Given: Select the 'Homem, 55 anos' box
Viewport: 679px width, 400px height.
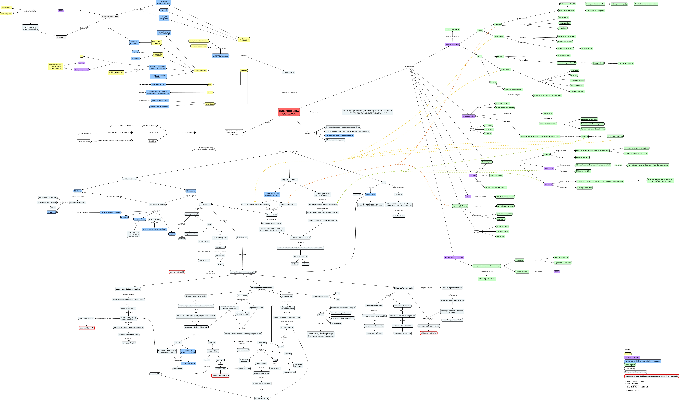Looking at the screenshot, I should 289,73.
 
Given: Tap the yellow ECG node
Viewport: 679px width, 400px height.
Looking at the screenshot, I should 210,85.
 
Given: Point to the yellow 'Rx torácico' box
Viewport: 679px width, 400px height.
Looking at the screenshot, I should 210,104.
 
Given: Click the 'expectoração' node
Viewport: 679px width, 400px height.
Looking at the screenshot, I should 7,8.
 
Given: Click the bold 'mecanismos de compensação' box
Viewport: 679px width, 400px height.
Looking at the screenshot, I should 243,272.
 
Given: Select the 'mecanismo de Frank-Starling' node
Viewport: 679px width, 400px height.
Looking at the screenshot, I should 128,289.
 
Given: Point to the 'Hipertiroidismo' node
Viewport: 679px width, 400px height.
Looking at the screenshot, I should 399,216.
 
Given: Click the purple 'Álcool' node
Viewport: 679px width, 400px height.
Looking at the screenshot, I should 468,197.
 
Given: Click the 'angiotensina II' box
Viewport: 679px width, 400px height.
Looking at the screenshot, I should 243,350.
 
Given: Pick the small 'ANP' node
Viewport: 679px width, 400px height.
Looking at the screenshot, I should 338,293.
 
